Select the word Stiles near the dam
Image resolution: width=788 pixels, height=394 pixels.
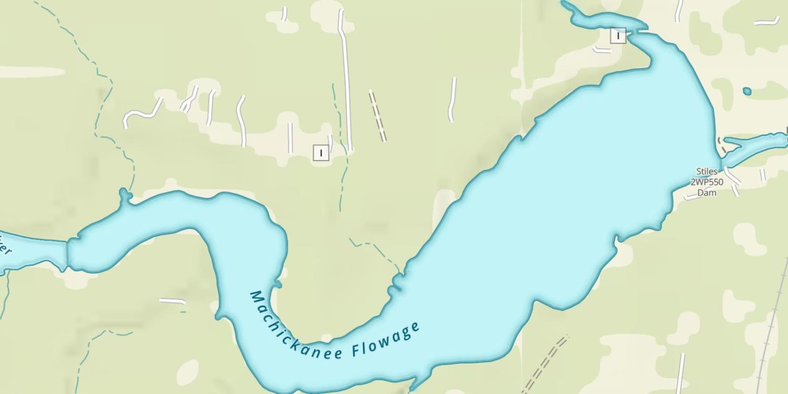point(707,171)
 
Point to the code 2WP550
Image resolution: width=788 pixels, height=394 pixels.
point(707,182)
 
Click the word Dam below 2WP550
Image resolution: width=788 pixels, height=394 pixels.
point(707,193)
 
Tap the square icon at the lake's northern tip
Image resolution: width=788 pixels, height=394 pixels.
point(618,36)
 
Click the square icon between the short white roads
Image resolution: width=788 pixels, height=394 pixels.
point(320,153)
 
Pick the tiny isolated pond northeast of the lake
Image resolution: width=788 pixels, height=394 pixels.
point(747,91)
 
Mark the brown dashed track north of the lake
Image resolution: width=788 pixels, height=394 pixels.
point(378,116)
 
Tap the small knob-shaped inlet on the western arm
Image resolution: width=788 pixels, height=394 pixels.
point(125,196)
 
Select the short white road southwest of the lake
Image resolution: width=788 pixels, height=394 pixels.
point(172,301)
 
